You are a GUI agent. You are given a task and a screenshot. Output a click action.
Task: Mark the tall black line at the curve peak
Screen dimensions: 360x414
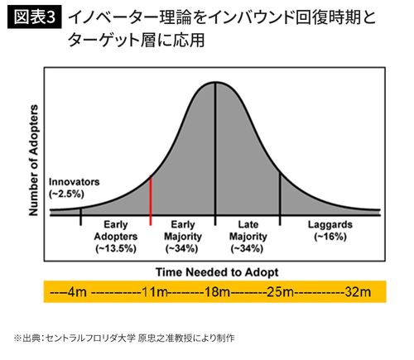point(215,149)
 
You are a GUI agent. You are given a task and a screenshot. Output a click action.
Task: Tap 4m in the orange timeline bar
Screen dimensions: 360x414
point(74,292)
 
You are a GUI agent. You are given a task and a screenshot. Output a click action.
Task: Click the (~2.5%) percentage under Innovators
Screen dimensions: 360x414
point(66,193)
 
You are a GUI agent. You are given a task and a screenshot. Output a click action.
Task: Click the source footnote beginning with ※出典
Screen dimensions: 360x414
point(124,338)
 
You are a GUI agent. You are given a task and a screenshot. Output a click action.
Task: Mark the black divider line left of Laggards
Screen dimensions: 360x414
point(280,194)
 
